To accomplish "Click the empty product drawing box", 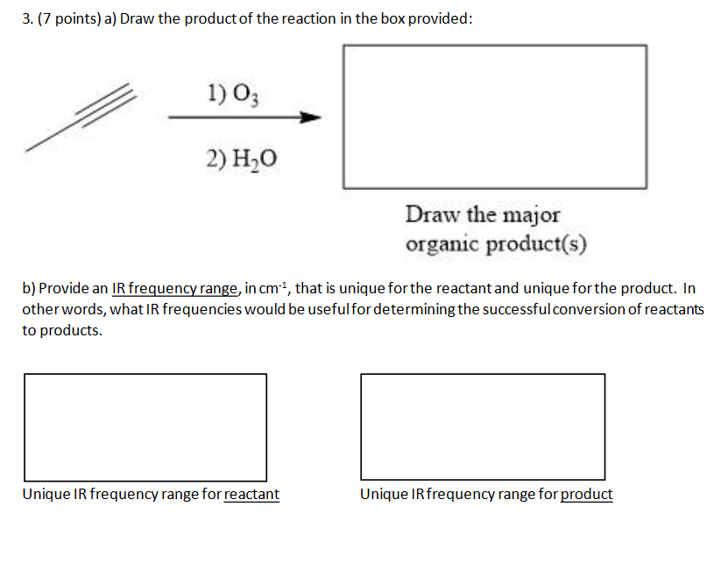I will (x=494, y=116).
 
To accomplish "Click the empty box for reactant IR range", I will (x=145, y=426).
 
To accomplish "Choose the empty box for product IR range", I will (x=483, y=426).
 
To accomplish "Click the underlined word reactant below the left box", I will (x=251, y=495).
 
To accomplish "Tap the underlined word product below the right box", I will (x=586, y=495).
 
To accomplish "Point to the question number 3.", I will (x=26, y=20).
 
